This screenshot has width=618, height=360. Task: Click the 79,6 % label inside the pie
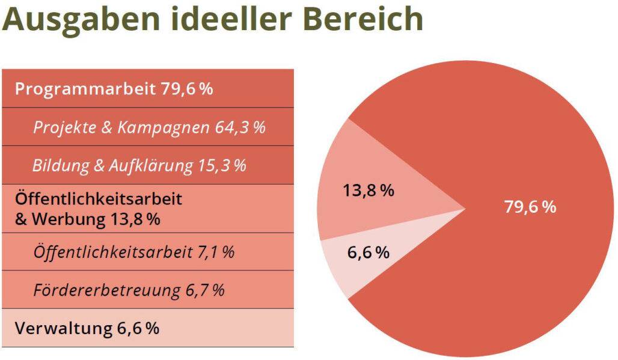(530, 207)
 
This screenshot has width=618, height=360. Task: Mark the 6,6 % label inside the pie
(368, 252)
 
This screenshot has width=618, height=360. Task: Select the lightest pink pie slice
(343, 264)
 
